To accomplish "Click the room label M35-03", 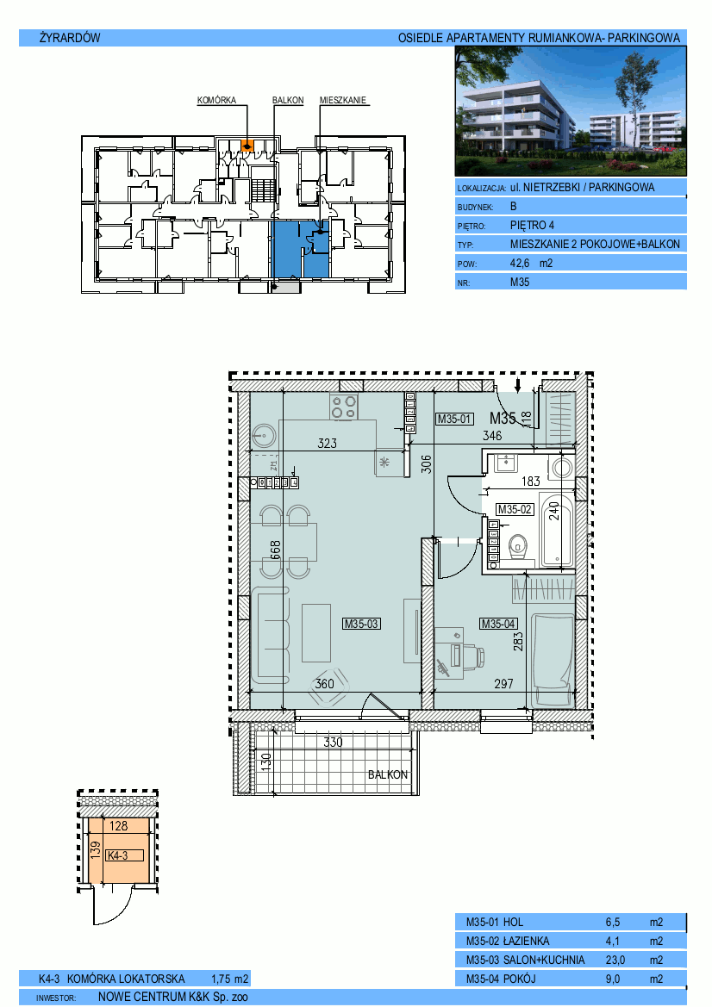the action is [361, 624].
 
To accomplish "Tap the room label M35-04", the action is [498, 624].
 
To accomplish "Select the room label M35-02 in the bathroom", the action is [515, 509].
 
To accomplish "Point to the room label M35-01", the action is [454, 419].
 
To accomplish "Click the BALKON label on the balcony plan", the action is [388, 774].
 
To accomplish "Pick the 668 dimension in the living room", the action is [276, 551].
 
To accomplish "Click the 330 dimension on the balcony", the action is [333, 743].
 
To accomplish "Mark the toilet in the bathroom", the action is [518, 549].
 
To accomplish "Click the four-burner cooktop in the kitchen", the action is [344, 407].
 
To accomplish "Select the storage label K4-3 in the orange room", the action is [117, 855].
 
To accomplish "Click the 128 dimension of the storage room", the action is [119, 826].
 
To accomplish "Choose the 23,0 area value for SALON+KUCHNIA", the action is [615, 960].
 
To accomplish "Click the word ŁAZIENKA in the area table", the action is [526, 941].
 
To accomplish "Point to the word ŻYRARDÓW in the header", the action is [70, 38].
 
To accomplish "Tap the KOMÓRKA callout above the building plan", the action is [216, 100].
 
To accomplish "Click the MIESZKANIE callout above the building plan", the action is [343, 100].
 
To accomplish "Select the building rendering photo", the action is [571, 111].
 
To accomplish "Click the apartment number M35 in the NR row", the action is [520, 282].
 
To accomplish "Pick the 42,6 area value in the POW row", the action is [520, 264].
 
